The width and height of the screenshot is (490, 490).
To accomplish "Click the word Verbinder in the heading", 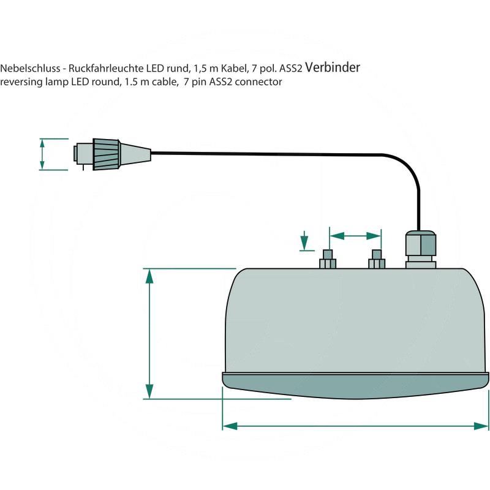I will pos(332,67).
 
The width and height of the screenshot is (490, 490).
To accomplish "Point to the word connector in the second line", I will pos(260,82).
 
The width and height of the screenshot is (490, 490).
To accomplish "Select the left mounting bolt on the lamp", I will pos(327,260).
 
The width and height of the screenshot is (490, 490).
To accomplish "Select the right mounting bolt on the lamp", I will pos(376,260).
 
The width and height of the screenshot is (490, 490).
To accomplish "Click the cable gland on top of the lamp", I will pos(420,248).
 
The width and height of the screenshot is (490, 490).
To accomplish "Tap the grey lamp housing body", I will pos(355,318).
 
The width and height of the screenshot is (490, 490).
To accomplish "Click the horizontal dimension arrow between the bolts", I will pos(355,235).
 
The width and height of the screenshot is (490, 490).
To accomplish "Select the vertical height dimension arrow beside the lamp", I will pos(149,334).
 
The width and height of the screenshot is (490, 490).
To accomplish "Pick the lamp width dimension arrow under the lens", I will pos(355,424).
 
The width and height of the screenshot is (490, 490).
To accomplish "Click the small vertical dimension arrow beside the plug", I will pos(42,154).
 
